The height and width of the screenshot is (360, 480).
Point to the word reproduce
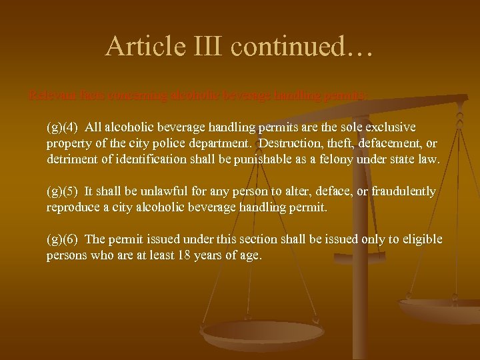[72, 208]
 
